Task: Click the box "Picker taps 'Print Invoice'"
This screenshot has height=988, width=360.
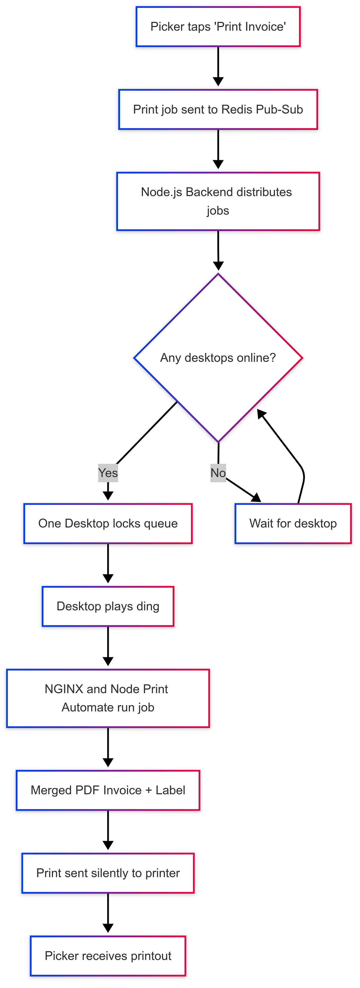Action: [x=218, y=27]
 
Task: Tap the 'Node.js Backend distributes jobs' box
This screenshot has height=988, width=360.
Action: [x=218, y=201]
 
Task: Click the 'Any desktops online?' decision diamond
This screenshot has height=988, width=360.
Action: [x=218, y=358]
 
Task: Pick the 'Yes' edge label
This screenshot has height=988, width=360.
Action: [x=108, y=473]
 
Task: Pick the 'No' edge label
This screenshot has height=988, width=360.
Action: [x=218, y=473]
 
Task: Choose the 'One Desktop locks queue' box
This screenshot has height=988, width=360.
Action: [x=108, y=524]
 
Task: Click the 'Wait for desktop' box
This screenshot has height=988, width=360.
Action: [x=293, y=524]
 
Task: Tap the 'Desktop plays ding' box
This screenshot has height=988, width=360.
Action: [x=108, y=606]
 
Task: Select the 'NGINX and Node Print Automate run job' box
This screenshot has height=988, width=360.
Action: [x=108, y=698]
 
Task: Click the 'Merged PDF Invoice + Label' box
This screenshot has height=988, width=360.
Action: [x=108, y=790]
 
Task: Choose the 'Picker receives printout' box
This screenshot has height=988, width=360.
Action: [x=108, y=956]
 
